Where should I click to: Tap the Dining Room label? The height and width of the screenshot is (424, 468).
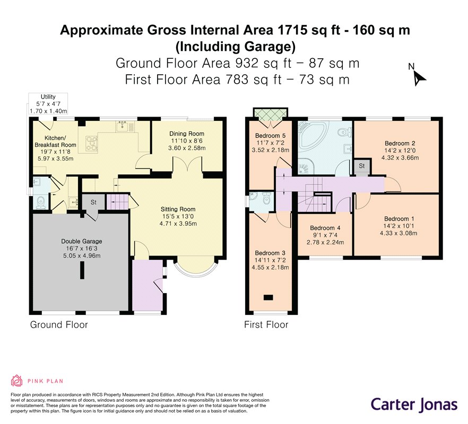coord(187,134)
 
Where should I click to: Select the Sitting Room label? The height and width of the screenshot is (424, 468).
coord(178,209)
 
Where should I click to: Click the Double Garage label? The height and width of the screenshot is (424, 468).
coord(82,241)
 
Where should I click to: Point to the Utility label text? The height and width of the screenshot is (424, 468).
coord(48,96)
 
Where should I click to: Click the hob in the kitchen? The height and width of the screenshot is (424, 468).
coord(92,143)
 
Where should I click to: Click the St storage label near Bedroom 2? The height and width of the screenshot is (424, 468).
coord(362,166)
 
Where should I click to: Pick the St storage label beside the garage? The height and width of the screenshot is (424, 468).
coord(93,202)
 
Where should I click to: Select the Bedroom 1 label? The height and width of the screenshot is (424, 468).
coord(399,218)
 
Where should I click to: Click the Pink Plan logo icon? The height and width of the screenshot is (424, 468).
coord(17,381)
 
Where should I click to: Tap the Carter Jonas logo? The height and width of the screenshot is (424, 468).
coord(414,404)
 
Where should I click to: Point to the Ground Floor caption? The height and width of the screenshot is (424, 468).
coord(59,324)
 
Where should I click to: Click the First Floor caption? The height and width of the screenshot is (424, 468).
coord(266,324)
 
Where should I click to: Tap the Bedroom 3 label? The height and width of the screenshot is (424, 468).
coord(270,253)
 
